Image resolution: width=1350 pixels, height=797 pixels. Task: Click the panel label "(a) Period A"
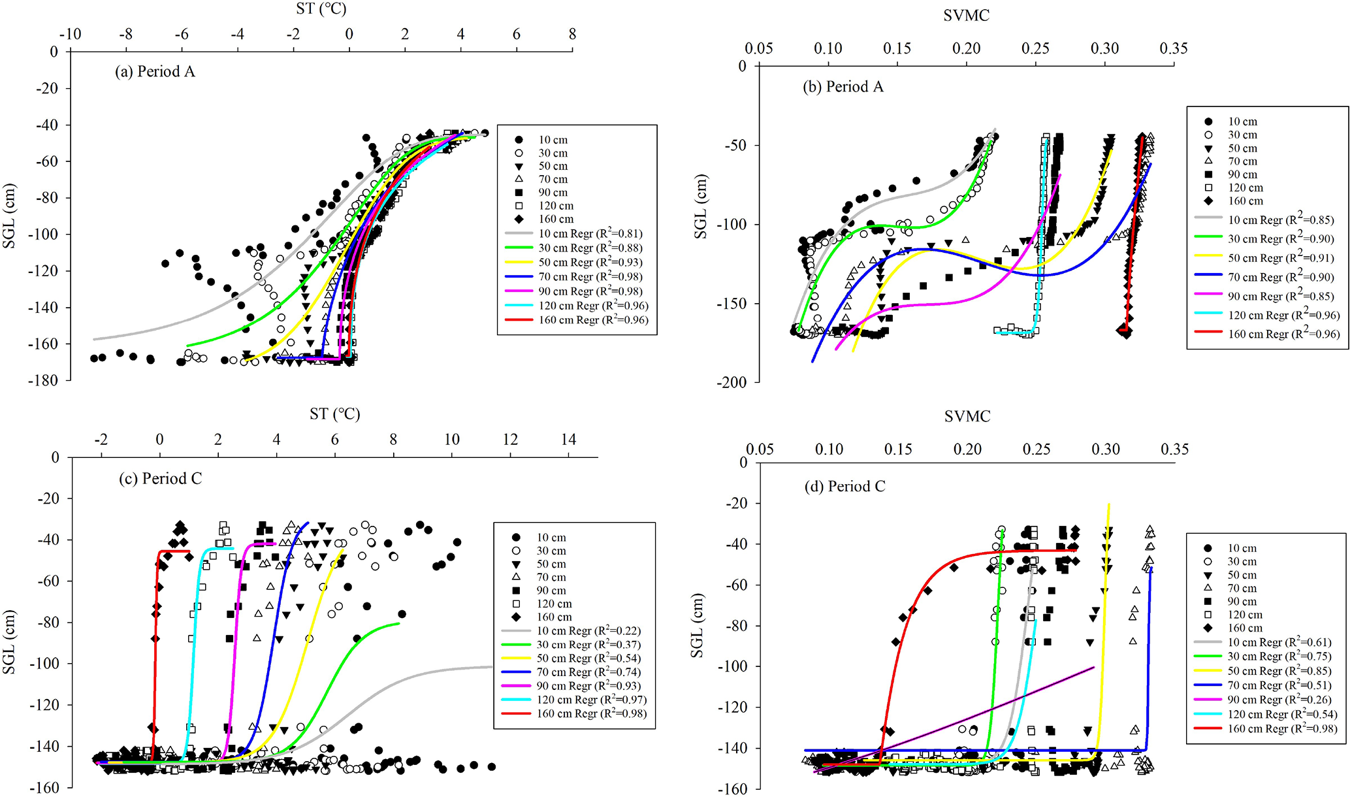coord(155,72)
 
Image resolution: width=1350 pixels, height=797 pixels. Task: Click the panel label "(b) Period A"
coord(843,87)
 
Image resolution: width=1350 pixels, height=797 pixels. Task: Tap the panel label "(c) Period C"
coord(160,479)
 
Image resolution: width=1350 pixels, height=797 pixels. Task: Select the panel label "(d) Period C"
coord(844,487)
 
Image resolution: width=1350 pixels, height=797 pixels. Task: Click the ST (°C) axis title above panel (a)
coord(321,9)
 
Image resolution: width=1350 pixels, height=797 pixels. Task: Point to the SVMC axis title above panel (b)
coord(966,16)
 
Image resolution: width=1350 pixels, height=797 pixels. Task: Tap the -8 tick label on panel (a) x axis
coord(126,35)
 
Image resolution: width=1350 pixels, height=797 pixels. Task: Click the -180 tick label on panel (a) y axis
coord(42,380)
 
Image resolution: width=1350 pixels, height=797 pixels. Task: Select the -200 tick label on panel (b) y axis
coord(730,383)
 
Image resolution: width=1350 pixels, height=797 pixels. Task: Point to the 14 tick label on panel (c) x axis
coord(568,440)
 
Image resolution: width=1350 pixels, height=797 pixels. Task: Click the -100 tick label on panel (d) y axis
coord(732,666)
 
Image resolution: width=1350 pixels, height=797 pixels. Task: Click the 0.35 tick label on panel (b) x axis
coord(1173,49)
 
